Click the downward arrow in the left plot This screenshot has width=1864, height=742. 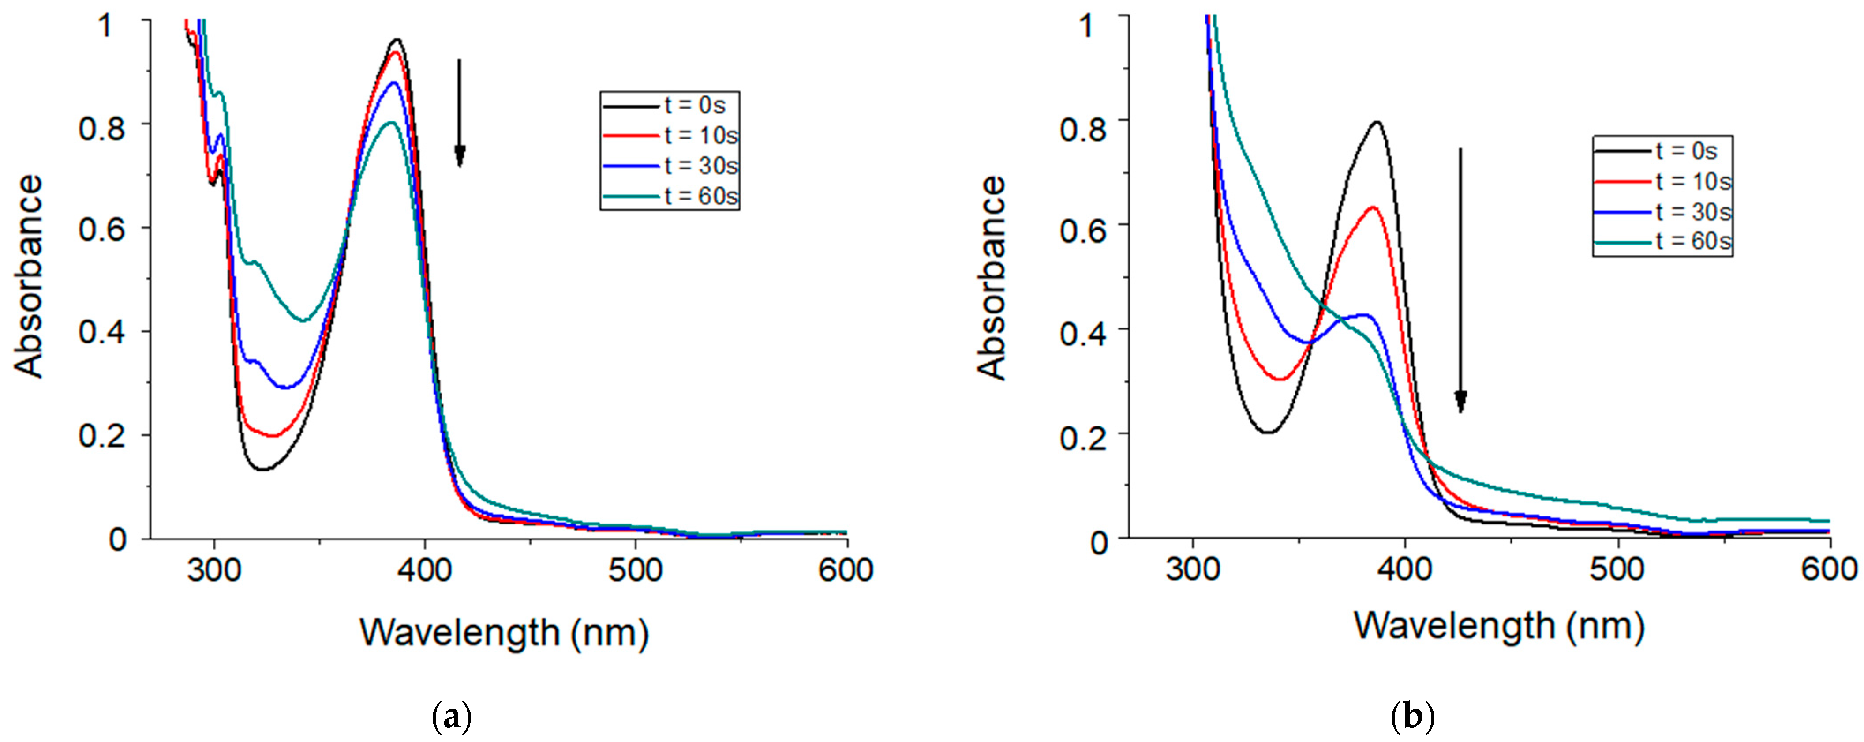[459, 112]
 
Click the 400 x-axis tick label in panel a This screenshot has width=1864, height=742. [425, 570]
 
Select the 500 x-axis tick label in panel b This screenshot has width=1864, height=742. [1617, 569]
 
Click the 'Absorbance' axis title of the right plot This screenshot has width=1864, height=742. [992, 278]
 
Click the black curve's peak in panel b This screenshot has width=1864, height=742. [1376, 122]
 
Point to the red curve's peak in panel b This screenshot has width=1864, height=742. [1372, 208]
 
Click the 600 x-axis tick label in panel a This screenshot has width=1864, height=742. [845, 570]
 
